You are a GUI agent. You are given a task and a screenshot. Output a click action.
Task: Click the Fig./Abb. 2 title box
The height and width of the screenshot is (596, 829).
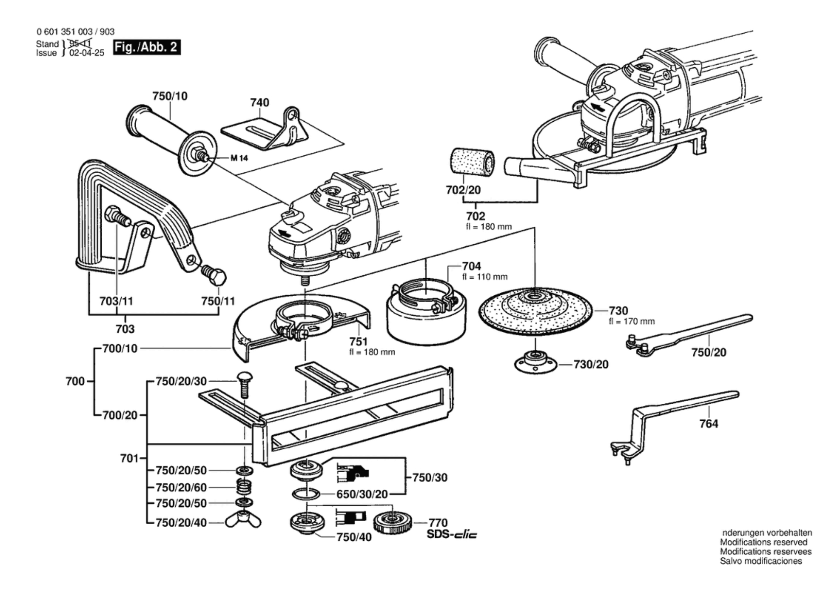coord(147,47)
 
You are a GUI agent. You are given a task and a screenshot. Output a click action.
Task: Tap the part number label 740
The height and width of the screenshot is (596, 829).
coord(259,102)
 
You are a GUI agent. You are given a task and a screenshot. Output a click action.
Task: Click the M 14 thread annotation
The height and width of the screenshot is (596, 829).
coord(239,158)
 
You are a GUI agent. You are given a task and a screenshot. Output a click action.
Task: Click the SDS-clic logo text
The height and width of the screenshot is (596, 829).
coord(452,534)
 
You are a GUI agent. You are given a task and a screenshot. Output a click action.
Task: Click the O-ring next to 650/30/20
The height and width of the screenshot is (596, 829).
coord(306,494)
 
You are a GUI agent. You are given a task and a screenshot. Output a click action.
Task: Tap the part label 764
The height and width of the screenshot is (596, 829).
coord(709,424)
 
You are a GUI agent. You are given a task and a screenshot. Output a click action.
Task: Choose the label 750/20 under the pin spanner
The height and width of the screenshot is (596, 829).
coord(709,352)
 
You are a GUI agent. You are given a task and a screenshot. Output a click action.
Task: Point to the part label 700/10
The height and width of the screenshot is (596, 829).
coord(120,348)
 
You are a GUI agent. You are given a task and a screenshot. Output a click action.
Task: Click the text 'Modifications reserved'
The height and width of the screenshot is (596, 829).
coord(763,542)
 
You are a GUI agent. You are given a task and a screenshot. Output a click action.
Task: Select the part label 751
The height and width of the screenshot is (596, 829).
coord(358,341)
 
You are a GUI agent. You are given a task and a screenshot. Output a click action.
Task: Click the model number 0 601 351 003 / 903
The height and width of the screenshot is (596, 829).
coord(76,32)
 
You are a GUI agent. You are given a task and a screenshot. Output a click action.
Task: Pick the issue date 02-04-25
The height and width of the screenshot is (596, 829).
coord(87,53)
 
